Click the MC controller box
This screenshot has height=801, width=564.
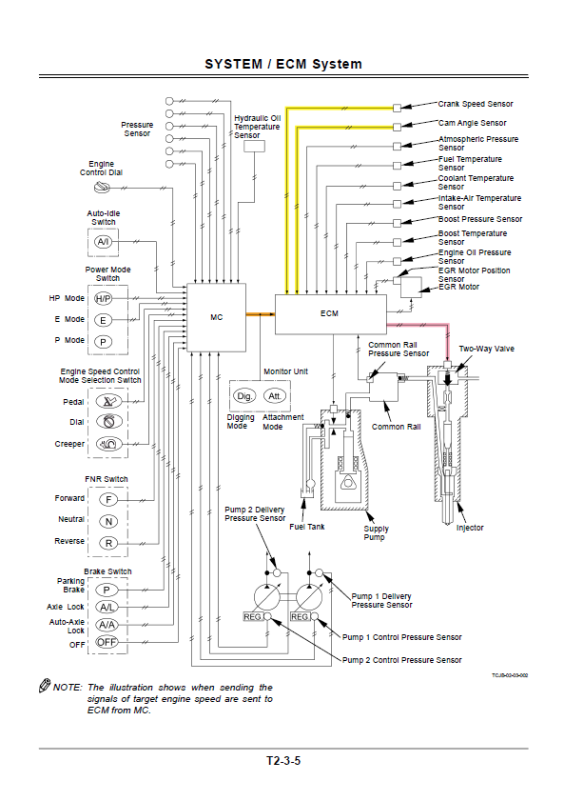click(x=216, y=317)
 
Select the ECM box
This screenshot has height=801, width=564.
click(x=330, y=314)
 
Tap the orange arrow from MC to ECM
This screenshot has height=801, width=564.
click(x=261, y=314)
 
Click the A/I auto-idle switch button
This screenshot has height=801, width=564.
click(x=104, y=242)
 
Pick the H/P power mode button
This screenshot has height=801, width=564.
click(x=104, y=298)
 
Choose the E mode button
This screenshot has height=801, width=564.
click(x=104, y=320)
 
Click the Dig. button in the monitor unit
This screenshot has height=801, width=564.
click(x=244, y=396)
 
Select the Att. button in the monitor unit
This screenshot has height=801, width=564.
click(x=275, y=396)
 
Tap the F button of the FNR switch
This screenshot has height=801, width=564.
click(x=108, y=500)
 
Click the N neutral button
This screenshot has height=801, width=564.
click(x=108, y=522)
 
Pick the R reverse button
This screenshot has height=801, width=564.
click(x=108, y=543)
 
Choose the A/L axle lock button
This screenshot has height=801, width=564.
click(x=107, y=608)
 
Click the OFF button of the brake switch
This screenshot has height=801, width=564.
click(x=107, y=642)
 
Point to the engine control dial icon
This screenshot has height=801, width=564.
click(x=102, y=188)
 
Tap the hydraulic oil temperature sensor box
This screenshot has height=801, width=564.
click(x=255, y=146)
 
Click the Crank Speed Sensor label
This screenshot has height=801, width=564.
click(x=476, y=104)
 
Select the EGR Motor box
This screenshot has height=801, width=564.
click(x=411, y=288)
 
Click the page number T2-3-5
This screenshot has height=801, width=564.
click(x=283, y=761)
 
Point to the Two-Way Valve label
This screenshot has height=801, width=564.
click(x=487, y=349)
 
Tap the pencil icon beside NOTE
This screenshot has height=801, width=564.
click(x=45, y=685)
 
